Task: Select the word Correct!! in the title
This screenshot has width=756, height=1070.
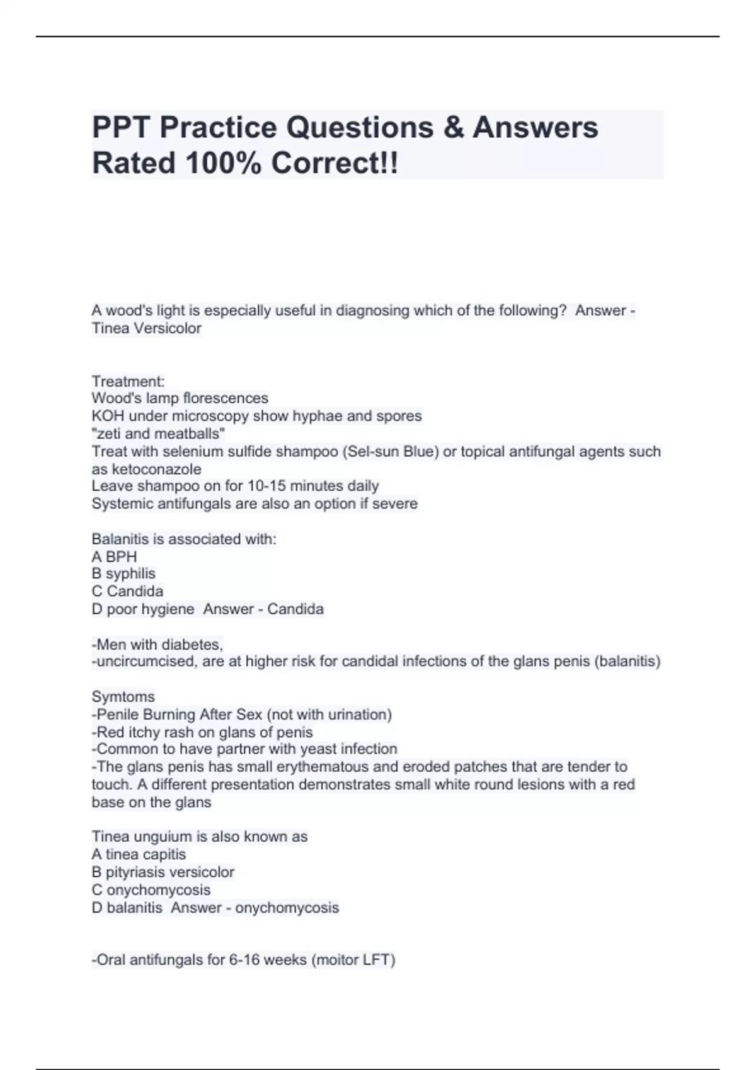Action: (335, 164)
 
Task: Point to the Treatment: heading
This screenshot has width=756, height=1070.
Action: (128, 381)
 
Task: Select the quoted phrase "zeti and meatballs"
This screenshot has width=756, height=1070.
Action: (158, 434)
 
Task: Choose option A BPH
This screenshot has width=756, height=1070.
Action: (114, 556)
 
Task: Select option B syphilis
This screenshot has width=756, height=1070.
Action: (123, 573)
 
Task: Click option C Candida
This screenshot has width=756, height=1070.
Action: (127, 591)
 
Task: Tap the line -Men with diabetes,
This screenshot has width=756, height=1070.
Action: (157, 645)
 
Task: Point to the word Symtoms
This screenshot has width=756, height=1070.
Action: (123, 697)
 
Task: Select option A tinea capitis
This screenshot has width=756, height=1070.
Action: (139, 854)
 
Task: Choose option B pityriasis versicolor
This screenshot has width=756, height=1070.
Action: (163, 872)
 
